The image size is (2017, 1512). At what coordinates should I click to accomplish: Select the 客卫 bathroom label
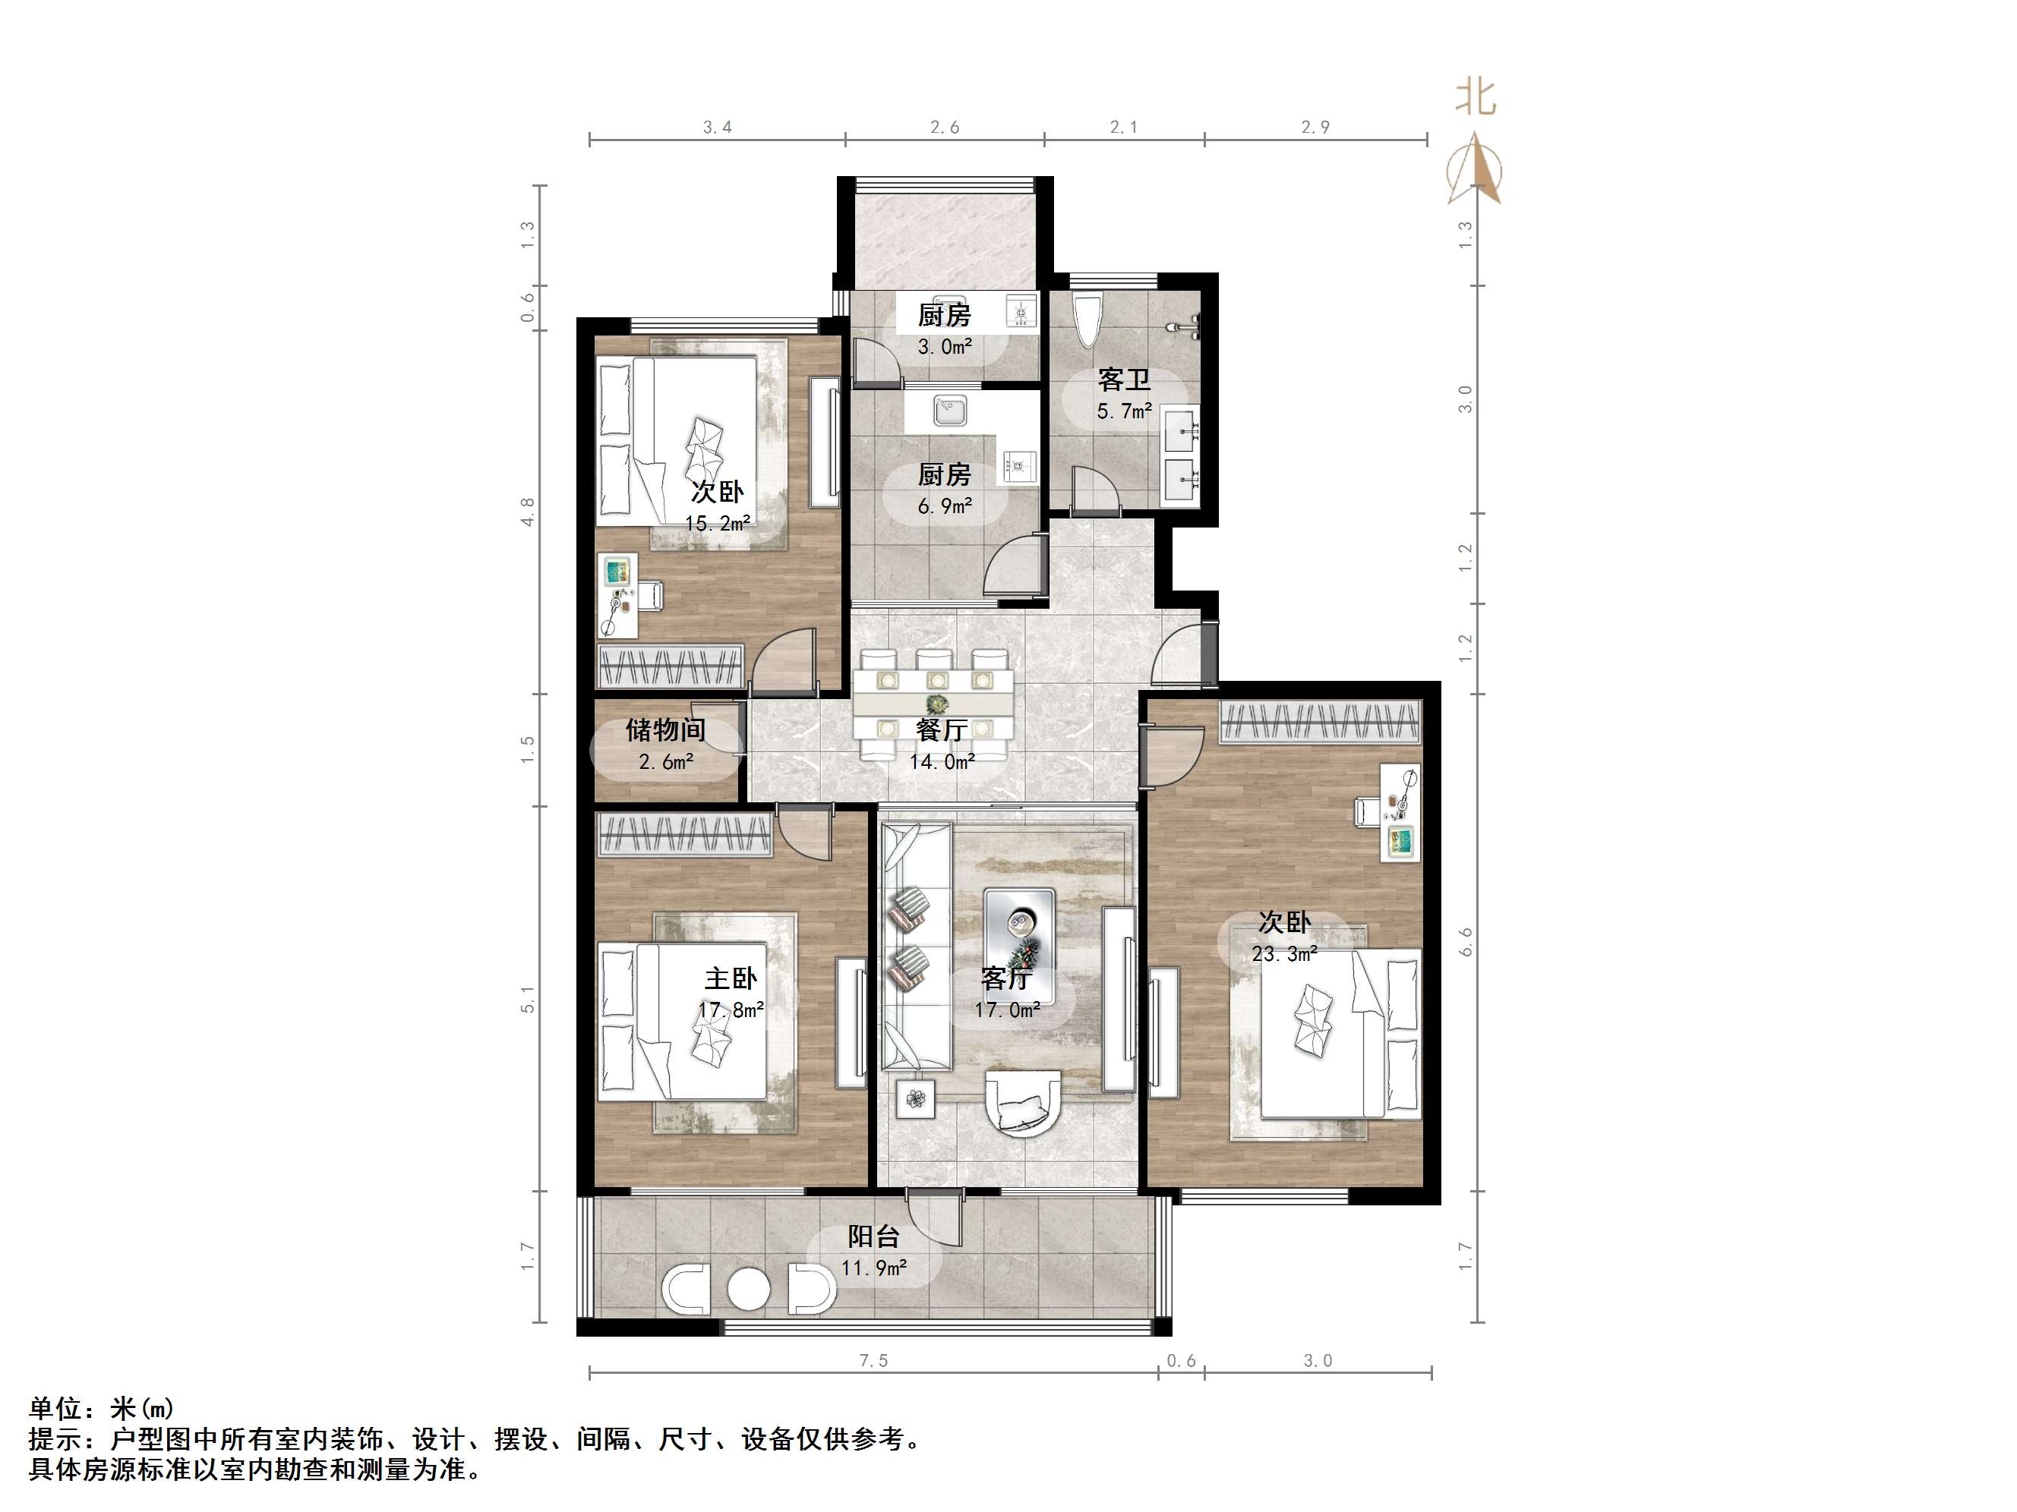[1123, 380]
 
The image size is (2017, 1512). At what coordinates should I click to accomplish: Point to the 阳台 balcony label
[873, 1236]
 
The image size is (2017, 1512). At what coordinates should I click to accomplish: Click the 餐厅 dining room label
[941, 730]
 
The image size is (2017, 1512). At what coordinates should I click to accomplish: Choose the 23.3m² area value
[1284, 954]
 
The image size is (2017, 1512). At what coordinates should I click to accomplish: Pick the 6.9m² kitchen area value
[945, 506]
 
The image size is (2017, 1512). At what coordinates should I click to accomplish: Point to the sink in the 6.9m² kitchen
[949, 411]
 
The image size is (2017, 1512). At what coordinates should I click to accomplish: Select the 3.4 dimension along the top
[717, 128]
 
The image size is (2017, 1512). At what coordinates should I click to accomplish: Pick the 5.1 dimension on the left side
[528, 1000]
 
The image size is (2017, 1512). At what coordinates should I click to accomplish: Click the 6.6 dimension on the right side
[1466, 941]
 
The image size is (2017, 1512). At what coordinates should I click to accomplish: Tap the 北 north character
[1476, 96]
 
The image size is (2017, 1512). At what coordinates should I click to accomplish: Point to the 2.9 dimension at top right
[1315, 128]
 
